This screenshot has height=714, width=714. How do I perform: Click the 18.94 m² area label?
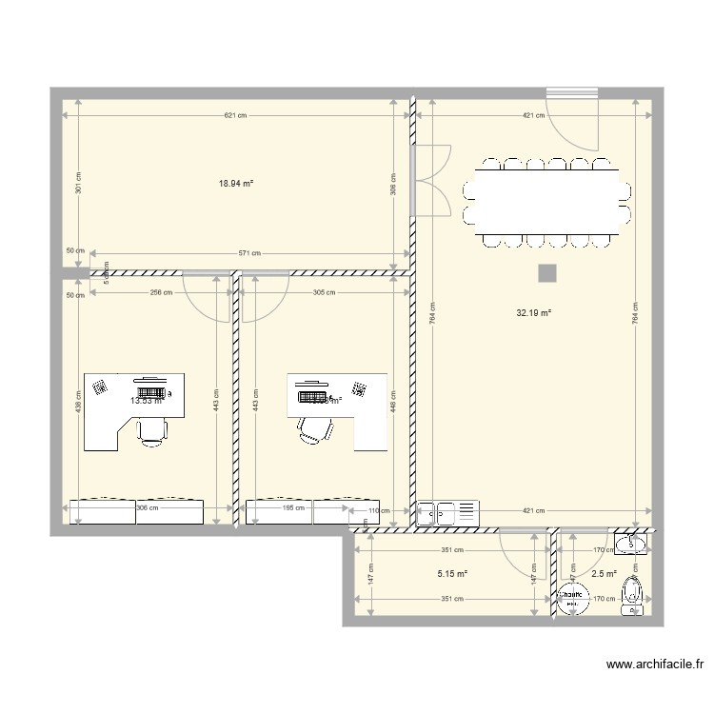pos(236,184)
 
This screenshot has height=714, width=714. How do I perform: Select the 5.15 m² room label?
pos(452,574)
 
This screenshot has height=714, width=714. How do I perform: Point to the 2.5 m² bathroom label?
pos(604,574)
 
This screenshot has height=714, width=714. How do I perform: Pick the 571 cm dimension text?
pos(249,254)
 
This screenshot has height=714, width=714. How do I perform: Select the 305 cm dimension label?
pos(324,293)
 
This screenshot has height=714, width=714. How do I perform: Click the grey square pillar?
pos(546,274)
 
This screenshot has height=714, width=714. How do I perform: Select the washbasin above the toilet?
pos(630,544)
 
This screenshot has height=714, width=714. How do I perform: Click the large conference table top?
pos(546,202)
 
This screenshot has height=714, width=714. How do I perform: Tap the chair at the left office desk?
pos(150,429)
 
